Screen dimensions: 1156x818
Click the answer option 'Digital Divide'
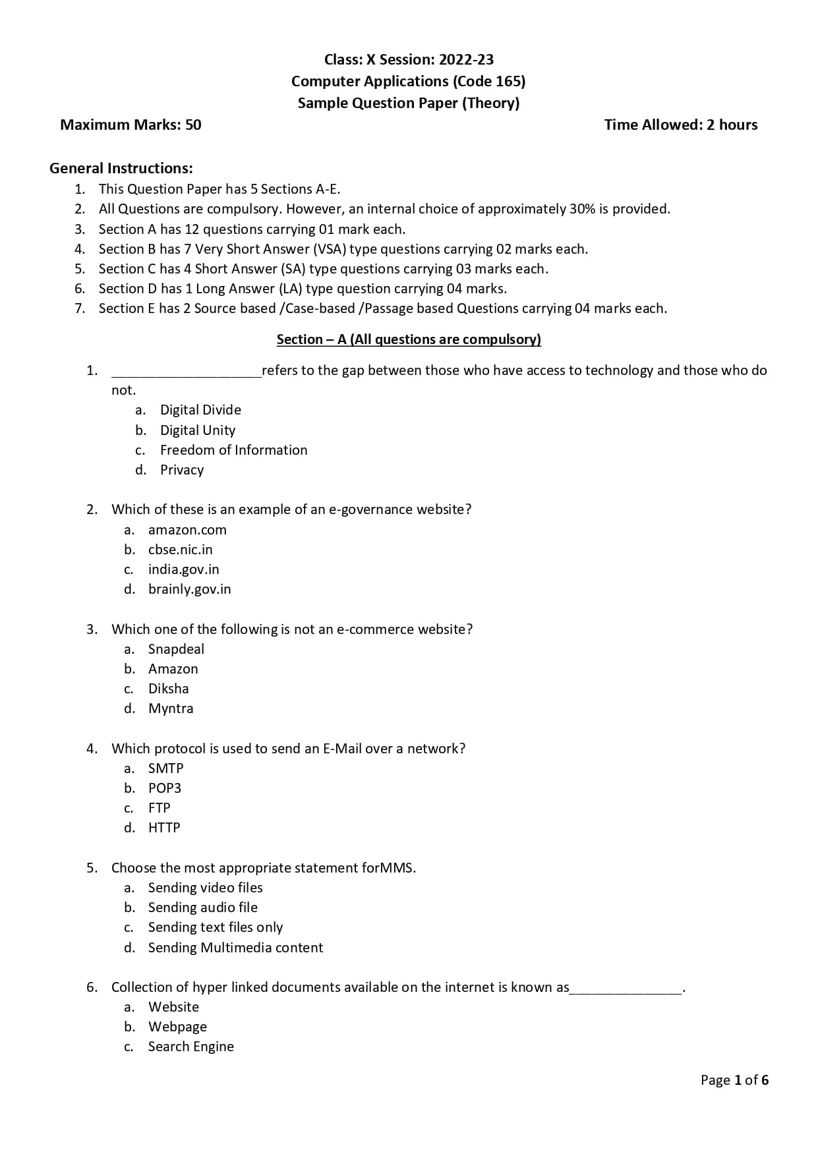200,410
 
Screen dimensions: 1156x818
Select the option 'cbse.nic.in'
180,550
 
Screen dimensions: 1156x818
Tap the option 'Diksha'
168,689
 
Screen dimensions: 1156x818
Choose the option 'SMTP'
165,768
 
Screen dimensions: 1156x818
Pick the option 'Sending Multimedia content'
235,948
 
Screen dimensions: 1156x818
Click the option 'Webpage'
177,1027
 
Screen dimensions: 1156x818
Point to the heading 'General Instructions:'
121,168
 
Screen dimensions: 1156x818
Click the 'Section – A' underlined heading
409,339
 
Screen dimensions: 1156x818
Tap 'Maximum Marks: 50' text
131,125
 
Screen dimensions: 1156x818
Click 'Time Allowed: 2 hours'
681,125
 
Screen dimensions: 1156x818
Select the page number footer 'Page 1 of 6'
734,1080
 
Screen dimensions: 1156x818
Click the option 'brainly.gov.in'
189,589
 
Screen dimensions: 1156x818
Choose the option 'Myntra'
171,708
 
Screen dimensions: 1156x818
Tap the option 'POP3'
164,788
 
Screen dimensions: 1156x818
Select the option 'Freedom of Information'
233,450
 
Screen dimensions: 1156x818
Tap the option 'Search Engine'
190,1047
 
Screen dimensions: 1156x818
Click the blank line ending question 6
626,990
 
